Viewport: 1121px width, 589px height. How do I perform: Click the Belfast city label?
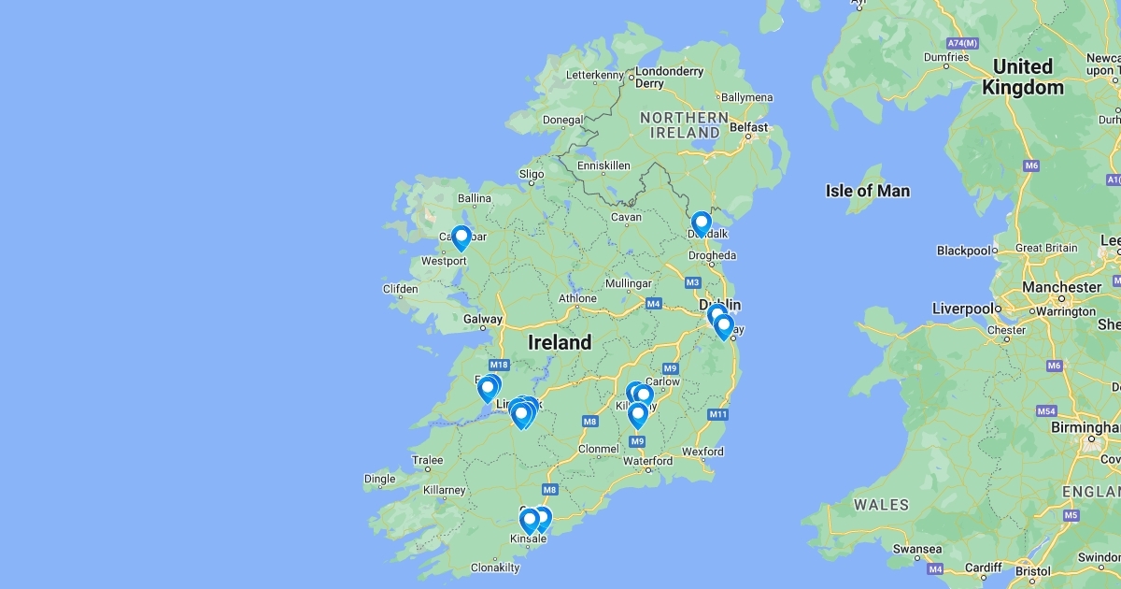pyautogui.click(x=748, y=127)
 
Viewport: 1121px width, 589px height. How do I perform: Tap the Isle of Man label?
pyautogui.click(x=867, y=191)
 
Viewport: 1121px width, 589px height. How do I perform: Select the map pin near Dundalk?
pyautogui.click(x=702, y=223)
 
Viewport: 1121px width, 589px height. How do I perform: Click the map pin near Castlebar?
pyautogui.click(x=461, y=238)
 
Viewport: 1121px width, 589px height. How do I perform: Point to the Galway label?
pyautogui.click(x=482, y=319)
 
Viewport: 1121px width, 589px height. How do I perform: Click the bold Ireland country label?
pyautogui.click(x=560, y=342)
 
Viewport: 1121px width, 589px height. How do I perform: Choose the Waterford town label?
pyautogui.click(x=647, y=461)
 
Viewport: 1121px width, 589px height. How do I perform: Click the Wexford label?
pyautogui.click(x=702, y=452)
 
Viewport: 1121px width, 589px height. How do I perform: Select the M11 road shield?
pyautogui.click(x=717, y=414)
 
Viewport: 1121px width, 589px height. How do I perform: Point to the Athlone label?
pyautogui.click(x=577, y=298)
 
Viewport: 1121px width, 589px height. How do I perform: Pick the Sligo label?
pyautogui.click(x=531, y=174)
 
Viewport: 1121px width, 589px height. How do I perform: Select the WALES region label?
pyautogui.click(x=881, y=505)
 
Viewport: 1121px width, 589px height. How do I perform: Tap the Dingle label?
pyautogui.click(x=379, y=479)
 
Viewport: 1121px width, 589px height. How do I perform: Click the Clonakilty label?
pyautogui.click(x=494, y=567)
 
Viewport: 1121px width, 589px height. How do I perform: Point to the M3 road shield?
pyautogui.click(x=692, y=282)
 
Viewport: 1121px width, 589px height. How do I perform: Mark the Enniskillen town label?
pyautogui.click(x=603, y=165)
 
